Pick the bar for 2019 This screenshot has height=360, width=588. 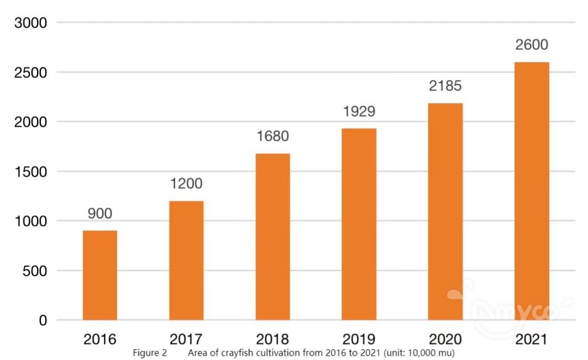pyautogui.click(x=359, y=224)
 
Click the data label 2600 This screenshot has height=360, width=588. pyautogui.click(x=532, y=45)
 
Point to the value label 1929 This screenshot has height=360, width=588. pyautogui.click(x=359, y=112)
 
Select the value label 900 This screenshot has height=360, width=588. pyautogui.click(x=100, y=214)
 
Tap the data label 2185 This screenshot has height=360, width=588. pyautogui.click(x=445, y=86)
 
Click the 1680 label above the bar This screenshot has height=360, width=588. pyautogui.click(x=273, y=136)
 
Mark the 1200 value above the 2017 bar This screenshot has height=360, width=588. pyautogui.click(x=186, y=184)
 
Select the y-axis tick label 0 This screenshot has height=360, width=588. pyautogui.click(x=43, y=320)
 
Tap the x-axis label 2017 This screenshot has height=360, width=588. pyautogui.click(x=186, y=338)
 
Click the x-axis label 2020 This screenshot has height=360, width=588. pyautogui.click(x=445, y=338)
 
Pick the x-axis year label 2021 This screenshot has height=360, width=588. pyautogui.click(x=532, y=338)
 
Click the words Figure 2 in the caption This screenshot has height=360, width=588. pyautogui.click(x=150, y=353)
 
